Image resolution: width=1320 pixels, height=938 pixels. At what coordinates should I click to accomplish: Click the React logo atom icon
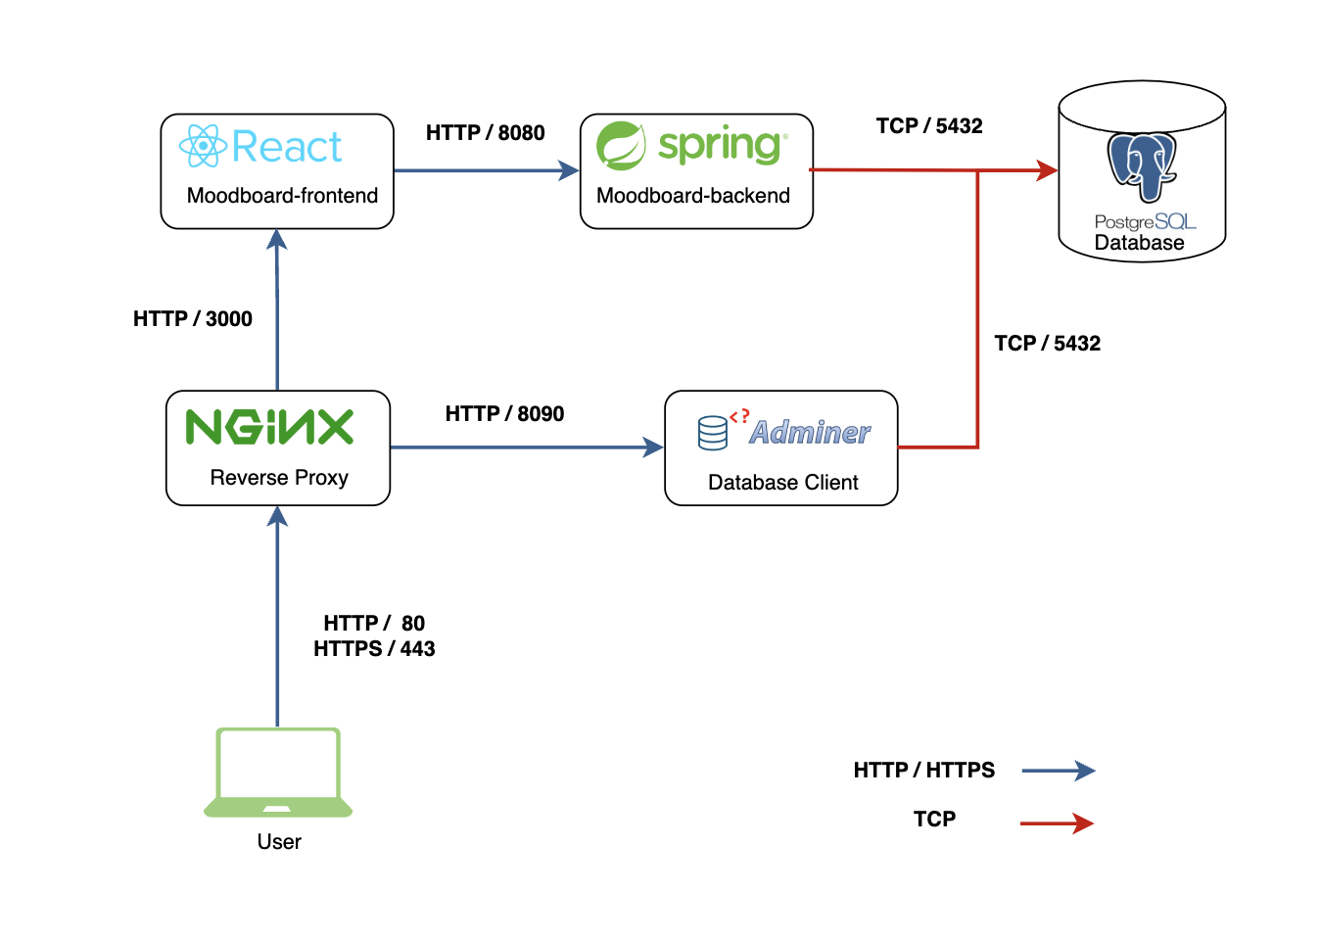coord(203,146)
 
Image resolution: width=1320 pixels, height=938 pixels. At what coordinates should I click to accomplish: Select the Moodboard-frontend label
coord(282,196)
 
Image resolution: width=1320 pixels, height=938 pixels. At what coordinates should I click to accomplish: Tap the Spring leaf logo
coord(621,146)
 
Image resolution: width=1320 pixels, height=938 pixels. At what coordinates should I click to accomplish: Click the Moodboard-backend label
coord(693,196)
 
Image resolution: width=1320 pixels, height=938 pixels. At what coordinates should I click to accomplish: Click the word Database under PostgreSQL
coord(1139,243)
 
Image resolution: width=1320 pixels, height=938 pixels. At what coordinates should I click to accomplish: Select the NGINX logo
coord(269,427)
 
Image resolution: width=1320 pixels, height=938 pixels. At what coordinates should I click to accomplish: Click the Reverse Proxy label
coord(279,478)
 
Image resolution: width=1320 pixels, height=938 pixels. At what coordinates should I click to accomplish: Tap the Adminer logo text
coord(810,433)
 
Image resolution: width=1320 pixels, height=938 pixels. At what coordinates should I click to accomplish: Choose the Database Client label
coord(782,483)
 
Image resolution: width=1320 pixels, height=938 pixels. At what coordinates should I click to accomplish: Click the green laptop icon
coord(278,773)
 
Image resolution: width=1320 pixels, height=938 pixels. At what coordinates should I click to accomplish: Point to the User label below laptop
coord(279,842)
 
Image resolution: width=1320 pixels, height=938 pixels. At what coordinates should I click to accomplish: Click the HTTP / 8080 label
coord(485,133)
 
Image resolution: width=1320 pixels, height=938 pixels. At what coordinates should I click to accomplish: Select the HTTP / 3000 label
coord(193,319)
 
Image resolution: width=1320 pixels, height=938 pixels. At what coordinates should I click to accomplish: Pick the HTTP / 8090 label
coord(504,414)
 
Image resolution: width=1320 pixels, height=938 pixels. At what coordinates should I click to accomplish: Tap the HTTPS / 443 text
coord(374,649)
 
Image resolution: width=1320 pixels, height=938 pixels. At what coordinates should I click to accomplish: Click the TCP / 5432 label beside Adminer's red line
coord(1047,344)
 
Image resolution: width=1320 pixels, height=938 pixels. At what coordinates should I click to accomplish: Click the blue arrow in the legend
coord(1059,771)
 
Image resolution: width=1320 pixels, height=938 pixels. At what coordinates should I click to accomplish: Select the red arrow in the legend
coord(1058,823)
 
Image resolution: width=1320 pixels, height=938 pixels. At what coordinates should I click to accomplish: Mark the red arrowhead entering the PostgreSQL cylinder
coord(1048,171)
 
